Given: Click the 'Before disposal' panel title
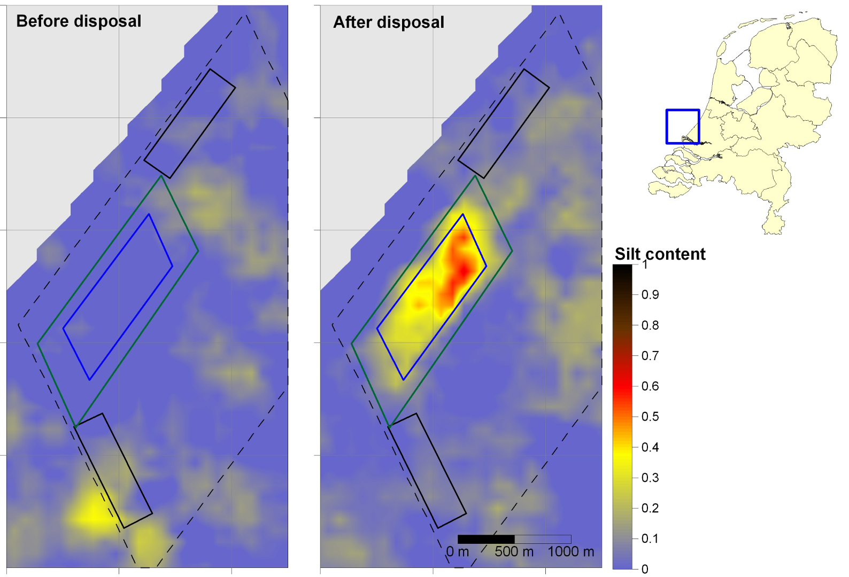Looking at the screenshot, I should coord(79,21).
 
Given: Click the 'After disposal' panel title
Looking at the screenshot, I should coord(389,22).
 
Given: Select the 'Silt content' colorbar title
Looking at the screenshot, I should coord(660,254).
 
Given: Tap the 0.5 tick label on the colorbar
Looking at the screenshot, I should coord(650,417).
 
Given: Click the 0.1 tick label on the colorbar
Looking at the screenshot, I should coord(650,539).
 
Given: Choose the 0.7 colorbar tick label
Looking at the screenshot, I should coord(650,356).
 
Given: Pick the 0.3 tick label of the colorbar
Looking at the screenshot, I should coord(650,478).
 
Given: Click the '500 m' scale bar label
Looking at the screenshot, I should coord(514,552).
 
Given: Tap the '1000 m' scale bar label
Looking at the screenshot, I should coord(570,552).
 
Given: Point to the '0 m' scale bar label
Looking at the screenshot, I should coord(458,552).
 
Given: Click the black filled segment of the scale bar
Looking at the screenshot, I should coord(486,539).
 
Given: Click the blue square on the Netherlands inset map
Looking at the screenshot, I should coord(683,127).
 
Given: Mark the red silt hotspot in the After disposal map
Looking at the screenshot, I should coord(459,267).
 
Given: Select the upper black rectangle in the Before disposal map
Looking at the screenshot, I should coord(190,123).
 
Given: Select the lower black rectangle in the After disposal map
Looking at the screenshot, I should coord(428,470).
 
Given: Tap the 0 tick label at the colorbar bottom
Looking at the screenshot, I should coord(645,569).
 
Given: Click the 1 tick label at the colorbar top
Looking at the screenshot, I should coord(645,264).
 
